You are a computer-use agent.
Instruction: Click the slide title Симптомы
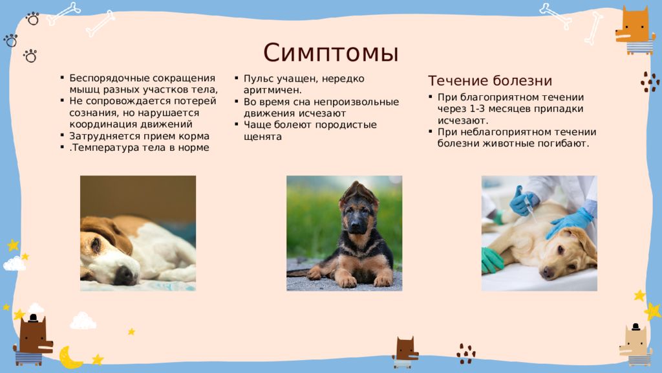(331, 53)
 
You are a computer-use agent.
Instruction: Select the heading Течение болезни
(490, 80)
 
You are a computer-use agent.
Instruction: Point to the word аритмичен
(273, 90)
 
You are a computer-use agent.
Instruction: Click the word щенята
(262, 137)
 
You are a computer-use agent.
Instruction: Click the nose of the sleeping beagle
(125, 275)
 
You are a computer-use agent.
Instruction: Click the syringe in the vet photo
(529, 207)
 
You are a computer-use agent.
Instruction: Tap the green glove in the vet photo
(491, 260)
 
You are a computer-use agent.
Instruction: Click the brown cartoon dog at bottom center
(405, 352)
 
